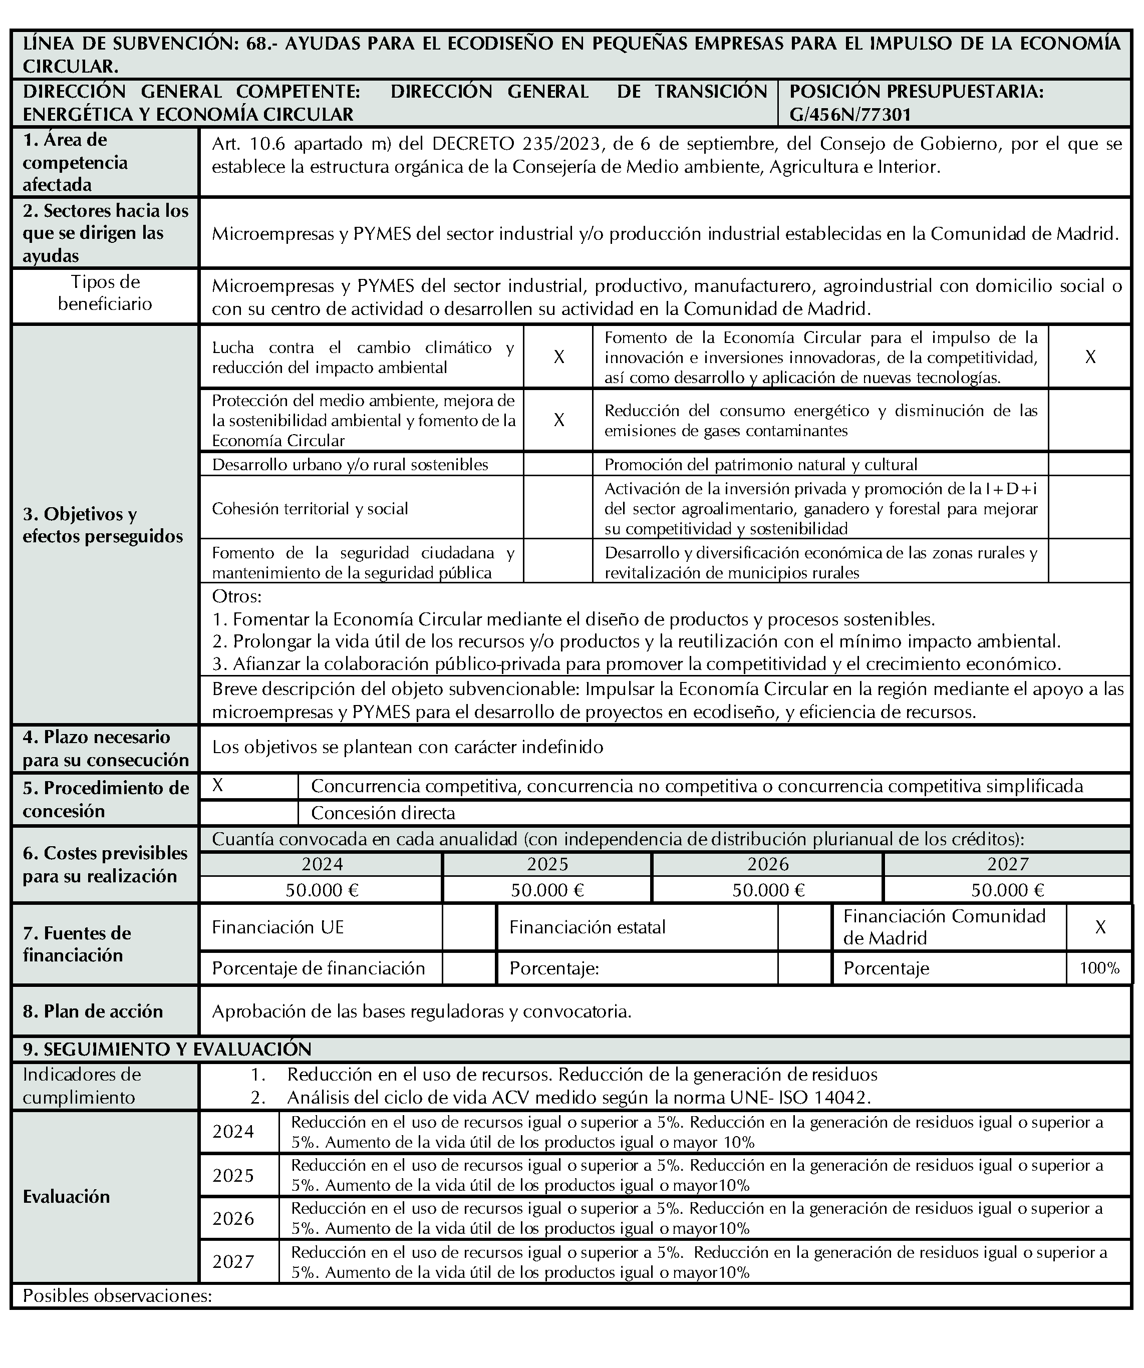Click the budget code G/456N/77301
pyautogui.click(x=850, y=115)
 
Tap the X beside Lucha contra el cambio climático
pyautogui.click(x=558, y=357)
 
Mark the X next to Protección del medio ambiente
pyautogui.click(x=558, y=420)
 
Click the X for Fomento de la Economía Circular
pyautogui.click(x=1090, y=357)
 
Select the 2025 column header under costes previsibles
pyautogui.click(x=547, y=864)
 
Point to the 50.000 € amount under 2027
pyautogui.click(x=1007, y=890)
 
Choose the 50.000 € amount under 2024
pyautogui.click(x=322, y=890)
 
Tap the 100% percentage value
pyautogui.click(x=1099, y=968)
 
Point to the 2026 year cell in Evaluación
pyautogui.click(x=233, y=1218)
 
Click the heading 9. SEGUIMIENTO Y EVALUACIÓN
pyautogui.click(x=167, y=1049)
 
